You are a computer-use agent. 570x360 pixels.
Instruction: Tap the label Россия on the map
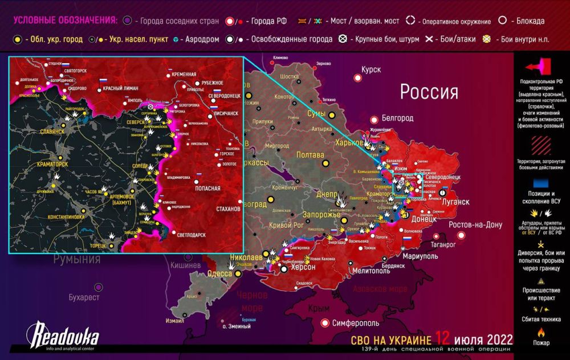pyautogui.click(x=429, y=92)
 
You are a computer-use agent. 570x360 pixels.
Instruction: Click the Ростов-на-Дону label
pyautogui.click(x=475, y=225)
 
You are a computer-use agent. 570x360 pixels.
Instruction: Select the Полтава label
pyautogui.click(x=310, y=154)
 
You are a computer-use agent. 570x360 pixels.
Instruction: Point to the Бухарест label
pyautogui.click(x=84, y=297)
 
